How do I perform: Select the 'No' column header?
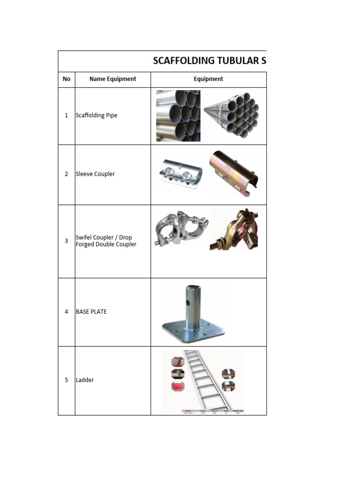pos(67,79)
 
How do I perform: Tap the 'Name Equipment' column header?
pos(112,79)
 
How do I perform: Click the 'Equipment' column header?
pos(209,79)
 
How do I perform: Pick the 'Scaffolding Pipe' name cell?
pos(97,115)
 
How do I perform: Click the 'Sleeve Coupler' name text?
pos(95,174)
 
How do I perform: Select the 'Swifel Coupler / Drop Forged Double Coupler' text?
pos(106,241)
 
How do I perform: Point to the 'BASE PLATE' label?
pos(91,312)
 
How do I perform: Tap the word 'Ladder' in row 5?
pos(85,380)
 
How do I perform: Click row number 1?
pos(67,115)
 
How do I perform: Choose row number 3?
pos(67,241)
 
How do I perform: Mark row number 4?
pos(67,312)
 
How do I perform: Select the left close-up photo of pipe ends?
pos(178,116)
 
